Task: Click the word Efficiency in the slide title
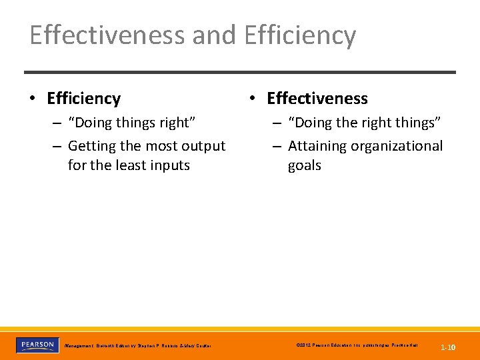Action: click(300, 35)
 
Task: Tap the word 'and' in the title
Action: click(215, 35)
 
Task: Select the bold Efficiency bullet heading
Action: click(83, 99)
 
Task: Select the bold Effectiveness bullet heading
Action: click(317, 99)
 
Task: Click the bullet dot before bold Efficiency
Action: click(32, 99)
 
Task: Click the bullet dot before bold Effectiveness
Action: click(252, 99)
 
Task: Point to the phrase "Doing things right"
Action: click(131, 123)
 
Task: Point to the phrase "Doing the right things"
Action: click(364, 123)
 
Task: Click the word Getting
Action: click(91, 145)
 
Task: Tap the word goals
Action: click(304, 165)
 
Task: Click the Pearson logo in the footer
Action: click(37, 345)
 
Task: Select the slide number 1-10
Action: click(447, 347)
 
